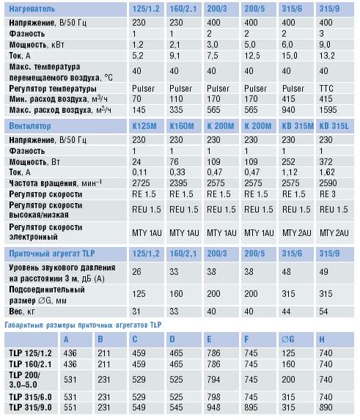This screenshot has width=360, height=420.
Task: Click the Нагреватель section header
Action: click(x=32, y=9)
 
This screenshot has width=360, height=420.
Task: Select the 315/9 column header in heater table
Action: click(x=329, y=9)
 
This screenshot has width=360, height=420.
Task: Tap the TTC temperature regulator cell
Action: click(x=326, y=89)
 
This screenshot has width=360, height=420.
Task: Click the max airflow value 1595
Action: click(x=328, y=110)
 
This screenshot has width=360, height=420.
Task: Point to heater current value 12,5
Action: click(x=251, y=56)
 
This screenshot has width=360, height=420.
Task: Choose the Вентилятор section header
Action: click(x=30, y=126)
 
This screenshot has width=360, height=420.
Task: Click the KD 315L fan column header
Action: click(x=334, y=126)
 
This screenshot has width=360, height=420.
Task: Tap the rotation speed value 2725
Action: click(x=141, y=183)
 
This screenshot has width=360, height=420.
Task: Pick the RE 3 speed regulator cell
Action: click(x=327, y=194)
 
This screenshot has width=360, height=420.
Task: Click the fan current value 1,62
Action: click(x=327, y=172)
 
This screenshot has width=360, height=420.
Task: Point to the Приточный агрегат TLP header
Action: click(x=52, y=254)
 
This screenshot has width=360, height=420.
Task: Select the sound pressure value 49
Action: click(x=323, y=272)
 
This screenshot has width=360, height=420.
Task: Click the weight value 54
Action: click(x=323, y=312)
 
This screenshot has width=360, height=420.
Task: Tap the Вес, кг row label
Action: click(x=22, y=312)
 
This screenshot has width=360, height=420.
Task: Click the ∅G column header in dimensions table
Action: click(x=288, y=339)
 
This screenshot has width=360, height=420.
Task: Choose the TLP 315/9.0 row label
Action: click(x=30, y=408)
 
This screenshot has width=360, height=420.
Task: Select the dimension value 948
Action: click(x=213, y=408)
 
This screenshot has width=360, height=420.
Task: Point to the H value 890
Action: click(x=326, y=408)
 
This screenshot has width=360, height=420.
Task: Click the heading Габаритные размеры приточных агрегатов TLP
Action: click(x=83, y=325)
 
